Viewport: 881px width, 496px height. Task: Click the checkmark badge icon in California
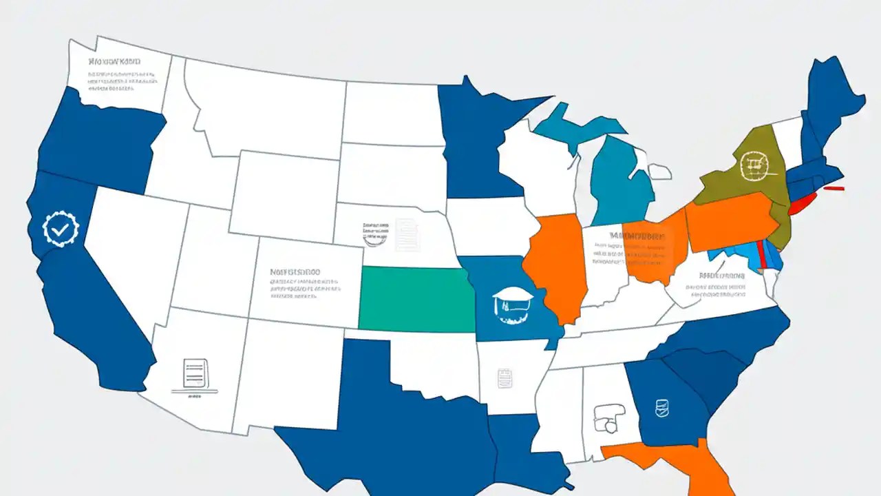click(x=61, y=230)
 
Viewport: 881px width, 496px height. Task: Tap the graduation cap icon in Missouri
click(x=513, y=303)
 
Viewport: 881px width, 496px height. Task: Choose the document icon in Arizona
click(x=195, y=374)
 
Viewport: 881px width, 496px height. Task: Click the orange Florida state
click(x=688, y=462)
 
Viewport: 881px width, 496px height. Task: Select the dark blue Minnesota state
click(x=475, y=138)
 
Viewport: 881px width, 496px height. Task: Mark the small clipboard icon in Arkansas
click(x=505, y=378)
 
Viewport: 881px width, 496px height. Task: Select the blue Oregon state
click(x=103, y=145)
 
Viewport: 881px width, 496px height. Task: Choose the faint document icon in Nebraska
click(x=406, y=234)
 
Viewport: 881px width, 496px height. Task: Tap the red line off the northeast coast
click(x=834, y=187)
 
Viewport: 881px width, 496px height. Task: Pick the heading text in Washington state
click(x=114, y=61)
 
